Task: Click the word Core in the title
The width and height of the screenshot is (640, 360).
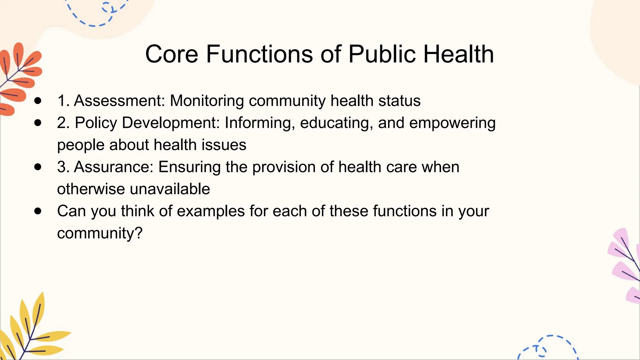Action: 172,54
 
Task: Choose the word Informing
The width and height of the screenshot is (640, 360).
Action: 259,123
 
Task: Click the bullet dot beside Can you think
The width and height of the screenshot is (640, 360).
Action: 38,211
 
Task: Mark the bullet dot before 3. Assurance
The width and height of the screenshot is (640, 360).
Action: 38,167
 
